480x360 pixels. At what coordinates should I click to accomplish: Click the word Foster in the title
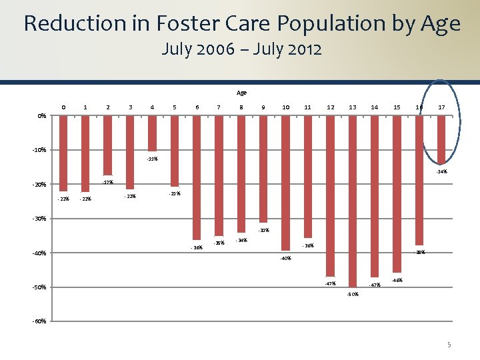pos(181,24)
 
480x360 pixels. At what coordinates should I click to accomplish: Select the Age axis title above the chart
pos(241,93)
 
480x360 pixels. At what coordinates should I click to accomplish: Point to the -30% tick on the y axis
pos(40,219)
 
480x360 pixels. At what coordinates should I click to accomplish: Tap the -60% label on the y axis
pos(40,321)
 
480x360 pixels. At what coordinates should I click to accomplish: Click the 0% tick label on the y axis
pos(42,116)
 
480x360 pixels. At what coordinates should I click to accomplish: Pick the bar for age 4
pos(152,134)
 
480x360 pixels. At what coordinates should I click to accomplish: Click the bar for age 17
pos(441,140)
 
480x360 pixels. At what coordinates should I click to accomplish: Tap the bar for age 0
pos(63,153)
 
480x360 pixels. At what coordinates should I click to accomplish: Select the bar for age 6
pos(197,178)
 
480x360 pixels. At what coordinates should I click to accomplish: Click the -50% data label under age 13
pos(353,294)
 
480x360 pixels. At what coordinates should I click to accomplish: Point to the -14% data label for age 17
pos(441,171)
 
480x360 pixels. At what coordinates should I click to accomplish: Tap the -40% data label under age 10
pos(285,258)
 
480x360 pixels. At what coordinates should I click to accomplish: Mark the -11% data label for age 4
pos(153,159)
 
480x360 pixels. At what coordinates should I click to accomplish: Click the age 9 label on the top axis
pos(263,107)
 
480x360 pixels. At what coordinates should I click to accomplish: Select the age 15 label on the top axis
pos(397,107)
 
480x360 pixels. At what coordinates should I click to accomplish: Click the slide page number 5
pos(449,345)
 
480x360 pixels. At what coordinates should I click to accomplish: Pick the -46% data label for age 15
pos(397,280)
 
